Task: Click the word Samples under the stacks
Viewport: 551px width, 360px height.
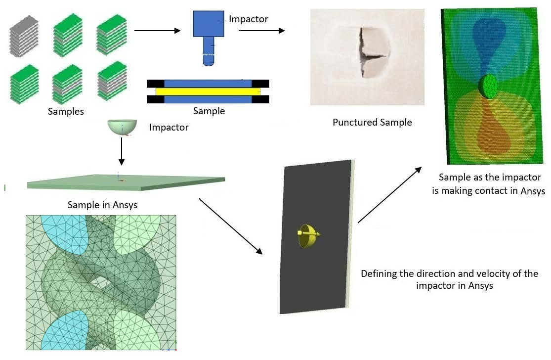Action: pos(66,111)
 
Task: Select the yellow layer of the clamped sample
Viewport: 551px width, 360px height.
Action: pos(208,91)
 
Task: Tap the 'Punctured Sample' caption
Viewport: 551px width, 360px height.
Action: pos(372,122)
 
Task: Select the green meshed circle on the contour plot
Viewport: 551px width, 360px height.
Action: pos(488,87)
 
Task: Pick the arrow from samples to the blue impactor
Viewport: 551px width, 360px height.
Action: pos(158,31)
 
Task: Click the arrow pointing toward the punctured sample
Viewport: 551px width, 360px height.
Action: pos(261,31)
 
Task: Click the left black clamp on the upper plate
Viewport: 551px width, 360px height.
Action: pos(155,84)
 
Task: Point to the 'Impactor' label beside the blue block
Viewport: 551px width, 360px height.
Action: pos(248,19)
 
